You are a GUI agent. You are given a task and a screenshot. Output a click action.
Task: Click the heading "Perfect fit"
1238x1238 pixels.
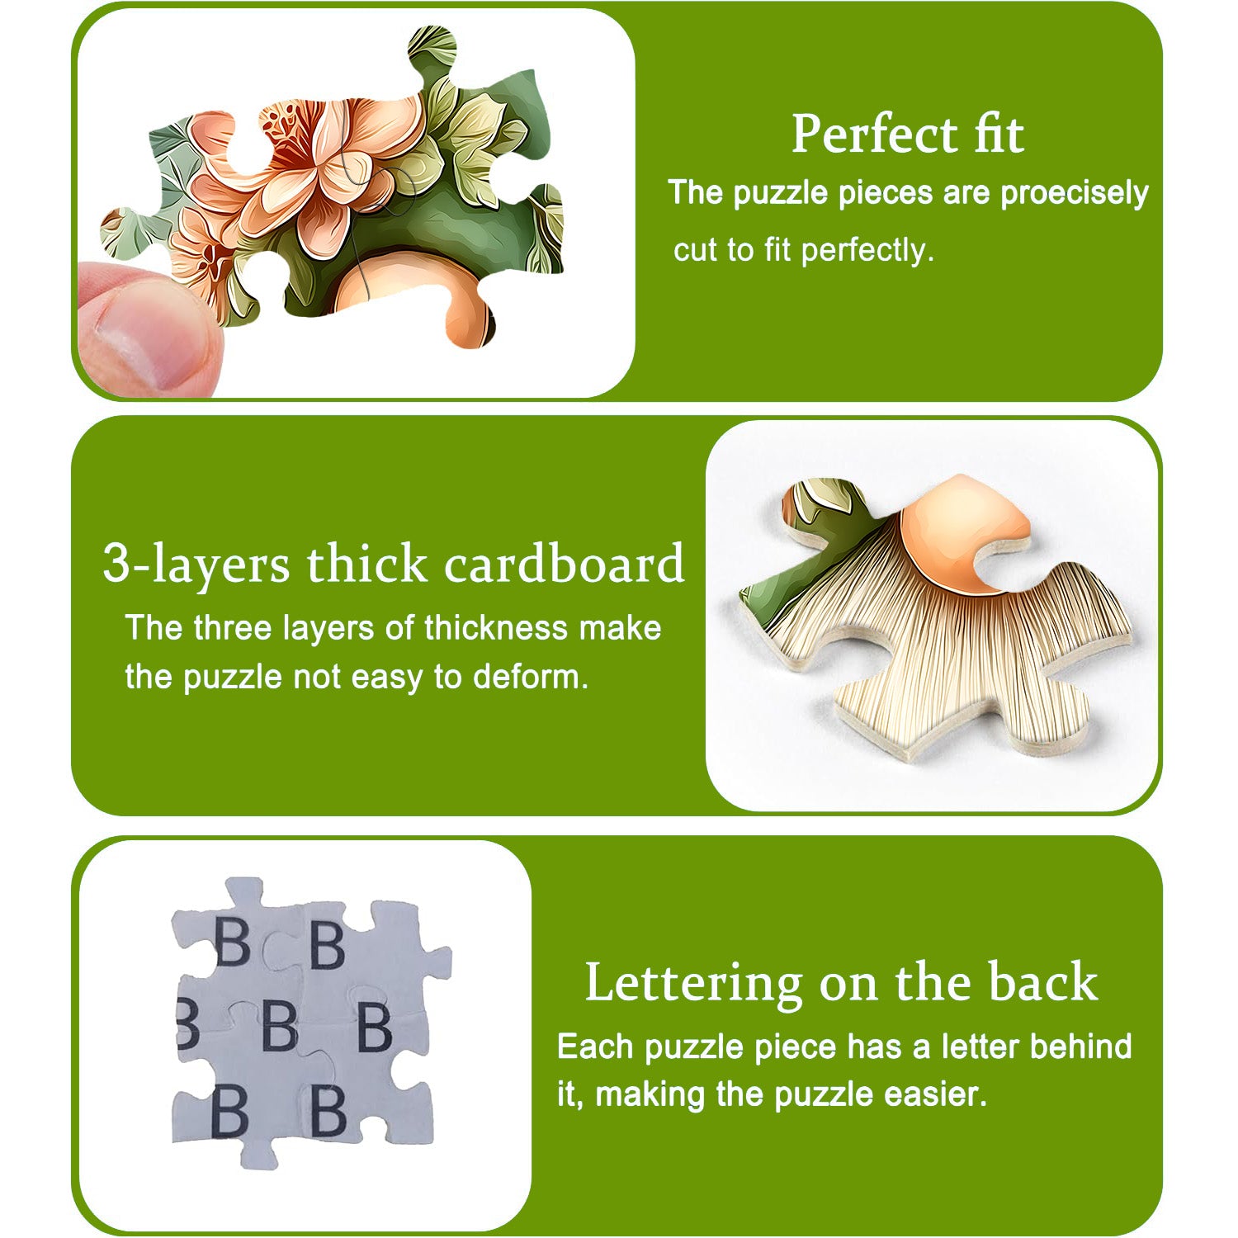(x=907, y=134)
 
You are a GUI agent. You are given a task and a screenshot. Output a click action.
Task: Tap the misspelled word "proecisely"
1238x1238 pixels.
(x=1074, y=193)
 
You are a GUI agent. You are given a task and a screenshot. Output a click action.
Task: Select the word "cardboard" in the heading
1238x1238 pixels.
(x=564, y=565)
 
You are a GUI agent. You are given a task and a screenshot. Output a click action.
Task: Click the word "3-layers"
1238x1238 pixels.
(x=196, y=565)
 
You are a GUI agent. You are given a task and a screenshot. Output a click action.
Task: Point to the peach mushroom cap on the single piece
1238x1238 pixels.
(x=957, y=528)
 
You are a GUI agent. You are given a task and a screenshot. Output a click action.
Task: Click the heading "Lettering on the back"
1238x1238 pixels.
(x=841, y=982)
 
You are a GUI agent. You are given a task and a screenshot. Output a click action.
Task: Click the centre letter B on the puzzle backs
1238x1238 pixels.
(x=279, y=1026)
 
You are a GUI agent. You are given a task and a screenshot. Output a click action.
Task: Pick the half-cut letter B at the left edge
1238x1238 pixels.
(x=187, y=1023)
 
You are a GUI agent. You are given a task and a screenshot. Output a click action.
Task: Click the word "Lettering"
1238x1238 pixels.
(x=693, y=982)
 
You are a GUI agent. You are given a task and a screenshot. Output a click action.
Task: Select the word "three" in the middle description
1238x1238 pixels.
(x=229, y=628)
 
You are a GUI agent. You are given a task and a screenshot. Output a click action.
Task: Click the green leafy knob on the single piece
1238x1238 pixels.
(x=817, y=503)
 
